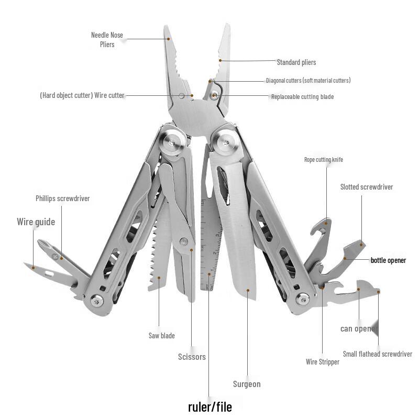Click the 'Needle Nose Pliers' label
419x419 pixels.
click(x=107, y=40)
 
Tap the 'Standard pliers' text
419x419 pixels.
click(x=296, y=62)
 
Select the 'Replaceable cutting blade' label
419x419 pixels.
click(x=303, y=97)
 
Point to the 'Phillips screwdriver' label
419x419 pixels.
click(x=62, y=199)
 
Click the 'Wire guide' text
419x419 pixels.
click(x=36, y=222)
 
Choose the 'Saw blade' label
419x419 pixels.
click(x=162, y=336)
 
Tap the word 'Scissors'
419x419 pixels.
click(x=192, y=357)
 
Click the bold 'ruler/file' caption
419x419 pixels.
click(x=210, y=407)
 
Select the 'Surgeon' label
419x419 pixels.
click(x=247, y=384)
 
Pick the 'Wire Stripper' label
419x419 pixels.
click(x=323, y=362)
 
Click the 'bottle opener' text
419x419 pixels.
click(x=388, y=260)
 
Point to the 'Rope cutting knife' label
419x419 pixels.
click(x=324, y=160)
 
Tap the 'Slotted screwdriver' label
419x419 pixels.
click(x=367, y=187)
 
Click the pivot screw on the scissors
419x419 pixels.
click(x=184, y=241)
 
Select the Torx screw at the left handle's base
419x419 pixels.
click(x=97, y=301)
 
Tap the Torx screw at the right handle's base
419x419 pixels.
click(x=303, y=299)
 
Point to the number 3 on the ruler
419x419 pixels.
click(x=217, y=236)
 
